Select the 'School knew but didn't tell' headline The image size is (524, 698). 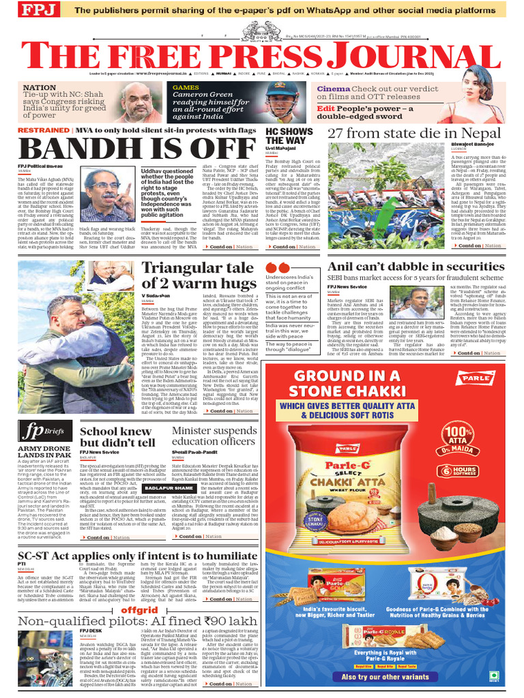(115, 437)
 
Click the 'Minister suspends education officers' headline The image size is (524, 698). (214, 436)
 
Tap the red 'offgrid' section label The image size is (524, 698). (140, 609)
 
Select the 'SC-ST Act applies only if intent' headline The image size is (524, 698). (139, 556)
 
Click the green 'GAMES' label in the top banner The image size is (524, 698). (186, 88)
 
